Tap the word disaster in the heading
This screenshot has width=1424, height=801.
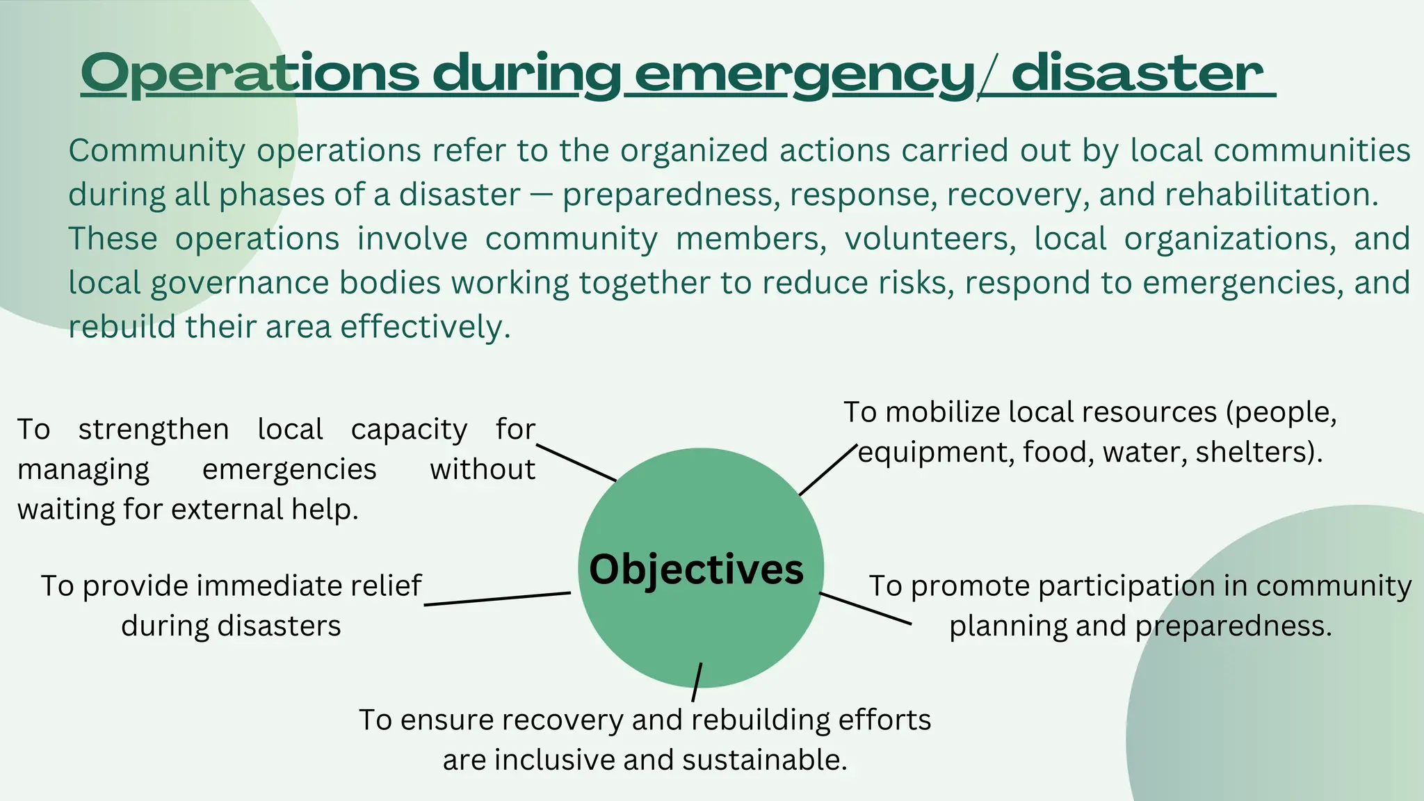point(1138,73)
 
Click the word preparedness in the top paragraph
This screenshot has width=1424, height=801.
point(667,195)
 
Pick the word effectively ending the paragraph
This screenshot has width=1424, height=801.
point(425,327)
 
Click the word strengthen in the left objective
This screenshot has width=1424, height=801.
point(154,430)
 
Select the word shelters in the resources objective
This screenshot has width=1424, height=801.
point(1252,453)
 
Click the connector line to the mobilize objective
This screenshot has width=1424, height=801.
point(827,471)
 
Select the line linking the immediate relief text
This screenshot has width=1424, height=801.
point(497,599)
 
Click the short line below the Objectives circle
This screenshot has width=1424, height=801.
point(697,682)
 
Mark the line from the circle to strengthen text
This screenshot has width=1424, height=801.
point(576,462)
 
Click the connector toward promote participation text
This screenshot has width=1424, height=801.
point(866,608)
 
